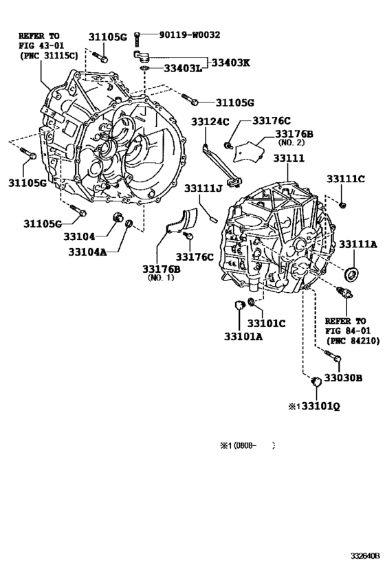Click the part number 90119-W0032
(189, 35)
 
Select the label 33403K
(230, 63)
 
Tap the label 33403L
(183, 68)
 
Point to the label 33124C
(210, 122)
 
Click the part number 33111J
(203, 188)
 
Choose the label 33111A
(358, 244)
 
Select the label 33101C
(266, 324)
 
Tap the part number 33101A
(243, 337)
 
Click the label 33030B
(343, 377)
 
